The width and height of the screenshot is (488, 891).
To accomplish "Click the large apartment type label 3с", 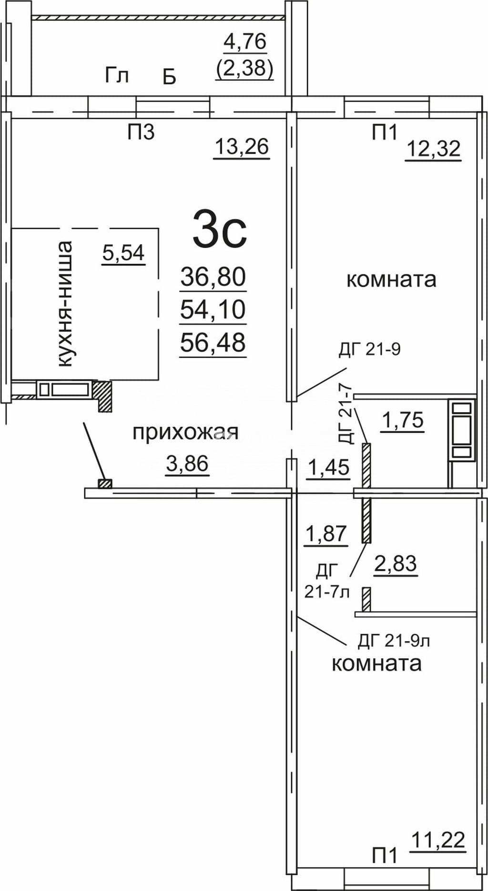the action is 220,231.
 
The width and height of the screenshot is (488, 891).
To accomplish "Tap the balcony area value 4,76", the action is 245,42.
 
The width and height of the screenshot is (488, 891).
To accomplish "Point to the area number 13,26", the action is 242,146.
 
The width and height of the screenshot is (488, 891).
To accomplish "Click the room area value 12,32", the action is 433,149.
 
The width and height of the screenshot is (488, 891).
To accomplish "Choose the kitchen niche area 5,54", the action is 123,253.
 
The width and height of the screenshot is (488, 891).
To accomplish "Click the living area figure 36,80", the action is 213,277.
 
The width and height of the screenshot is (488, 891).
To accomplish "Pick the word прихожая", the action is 185,433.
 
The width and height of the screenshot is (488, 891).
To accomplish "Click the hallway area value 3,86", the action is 187,463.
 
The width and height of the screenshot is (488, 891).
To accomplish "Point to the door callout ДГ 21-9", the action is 369,350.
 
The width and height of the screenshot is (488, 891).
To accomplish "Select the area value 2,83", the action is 396,564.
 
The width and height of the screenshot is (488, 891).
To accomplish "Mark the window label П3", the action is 141,132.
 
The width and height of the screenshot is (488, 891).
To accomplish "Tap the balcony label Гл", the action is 117,75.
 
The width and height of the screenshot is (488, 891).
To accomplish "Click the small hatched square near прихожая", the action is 105,484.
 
